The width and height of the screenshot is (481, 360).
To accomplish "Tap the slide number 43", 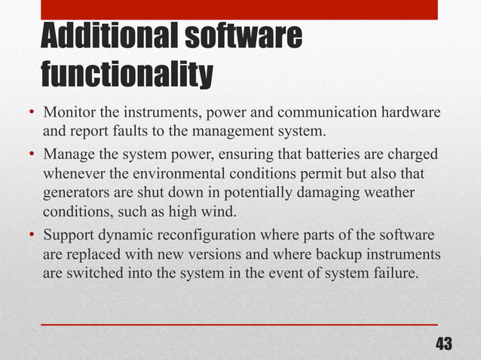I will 444,344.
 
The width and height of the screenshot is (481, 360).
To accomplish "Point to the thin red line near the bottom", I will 239,324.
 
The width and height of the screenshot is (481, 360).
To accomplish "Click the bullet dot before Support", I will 33,234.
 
